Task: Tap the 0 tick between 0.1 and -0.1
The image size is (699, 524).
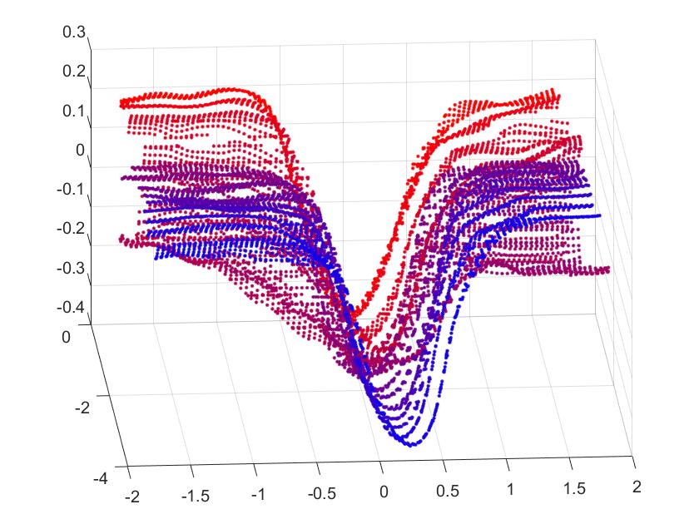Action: [x=81, y=151]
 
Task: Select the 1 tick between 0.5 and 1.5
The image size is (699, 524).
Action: [x=510, y=488]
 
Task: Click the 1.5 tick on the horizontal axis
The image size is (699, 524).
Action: [x=573, y=487]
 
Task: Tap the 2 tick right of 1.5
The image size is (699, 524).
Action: [x=637, y=485]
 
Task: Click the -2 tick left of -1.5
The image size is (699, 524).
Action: [x=133, y=497]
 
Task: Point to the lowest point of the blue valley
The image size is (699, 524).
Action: [x=411, y=444]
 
